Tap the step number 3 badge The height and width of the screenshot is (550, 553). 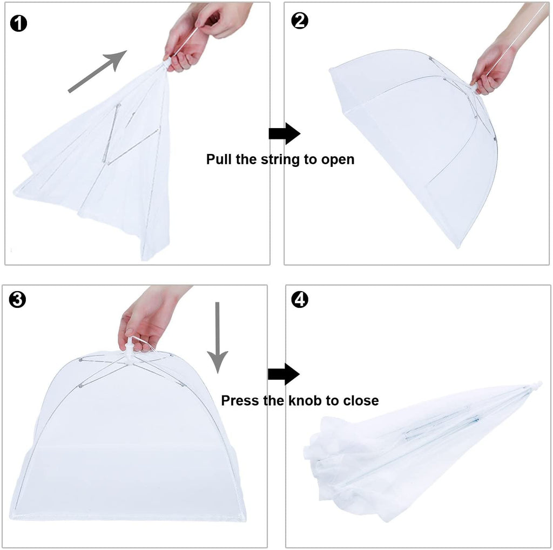[x=18, y=299]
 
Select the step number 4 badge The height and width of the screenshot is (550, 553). [x=299, y=298]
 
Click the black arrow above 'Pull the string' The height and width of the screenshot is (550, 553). [x=284, y=133]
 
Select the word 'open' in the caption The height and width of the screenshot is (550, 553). [x=338, y=159]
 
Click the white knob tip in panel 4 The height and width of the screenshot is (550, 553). [x=537, y=385]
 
